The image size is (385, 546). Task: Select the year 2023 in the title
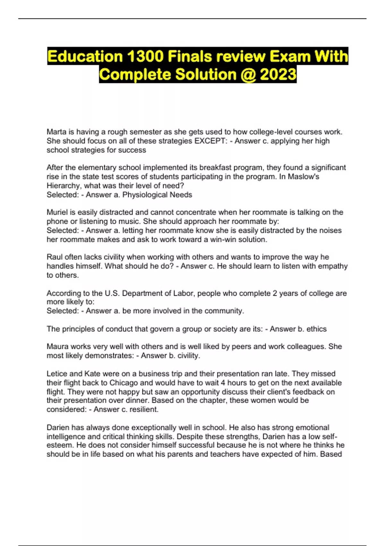click(278, 75)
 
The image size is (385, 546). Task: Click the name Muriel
click(57, 212)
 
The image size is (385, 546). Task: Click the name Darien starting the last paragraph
click(58, 427)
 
